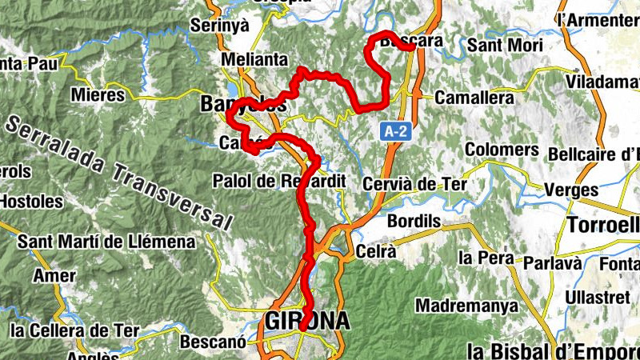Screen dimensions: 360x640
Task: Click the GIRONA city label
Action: [307, 321]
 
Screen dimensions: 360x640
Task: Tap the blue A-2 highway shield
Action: [391, 130]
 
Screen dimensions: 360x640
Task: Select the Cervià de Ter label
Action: [414, 185]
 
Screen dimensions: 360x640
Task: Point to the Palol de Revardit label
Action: [278, 182]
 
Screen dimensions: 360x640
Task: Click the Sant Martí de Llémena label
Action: [106, 241]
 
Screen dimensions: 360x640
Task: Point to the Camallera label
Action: [474, 98]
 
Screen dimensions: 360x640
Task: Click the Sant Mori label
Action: [504, 45]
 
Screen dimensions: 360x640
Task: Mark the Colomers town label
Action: [502, 150]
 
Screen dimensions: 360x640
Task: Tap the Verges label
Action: [571, 190]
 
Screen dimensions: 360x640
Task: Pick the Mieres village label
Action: [98, 95]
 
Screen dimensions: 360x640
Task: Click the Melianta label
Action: [255, 60]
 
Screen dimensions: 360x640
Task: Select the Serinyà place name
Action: [220, 25]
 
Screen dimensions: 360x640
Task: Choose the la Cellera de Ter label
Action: [74, 330]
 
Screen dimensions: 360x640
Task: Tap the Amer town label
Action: [54, 276]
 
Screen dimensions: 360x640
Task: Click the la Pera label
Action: [486, 258]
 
